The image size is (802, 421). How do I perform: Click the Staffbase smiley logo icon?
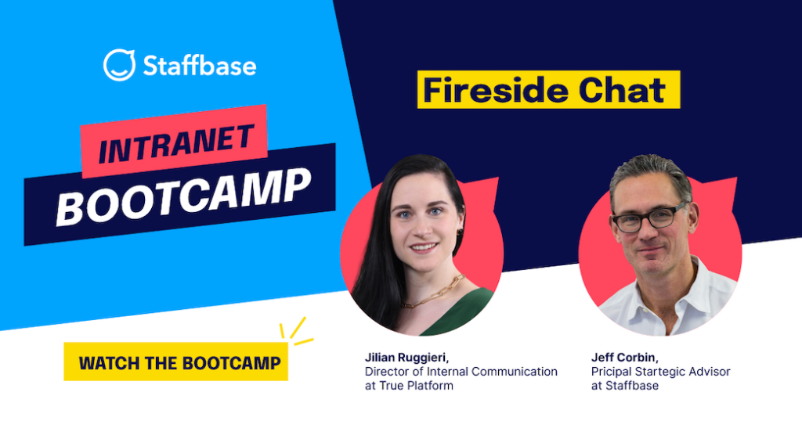[119, 65]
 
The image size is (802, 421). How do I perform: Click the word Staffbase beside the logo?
[199, 66]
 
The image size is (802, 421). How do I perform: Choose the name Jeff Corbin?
[624, 358]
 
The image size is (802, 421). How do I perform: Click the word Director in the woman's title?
[386, 372]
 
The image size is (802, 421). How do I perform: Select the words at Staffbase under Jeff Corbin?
[625, 386]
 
